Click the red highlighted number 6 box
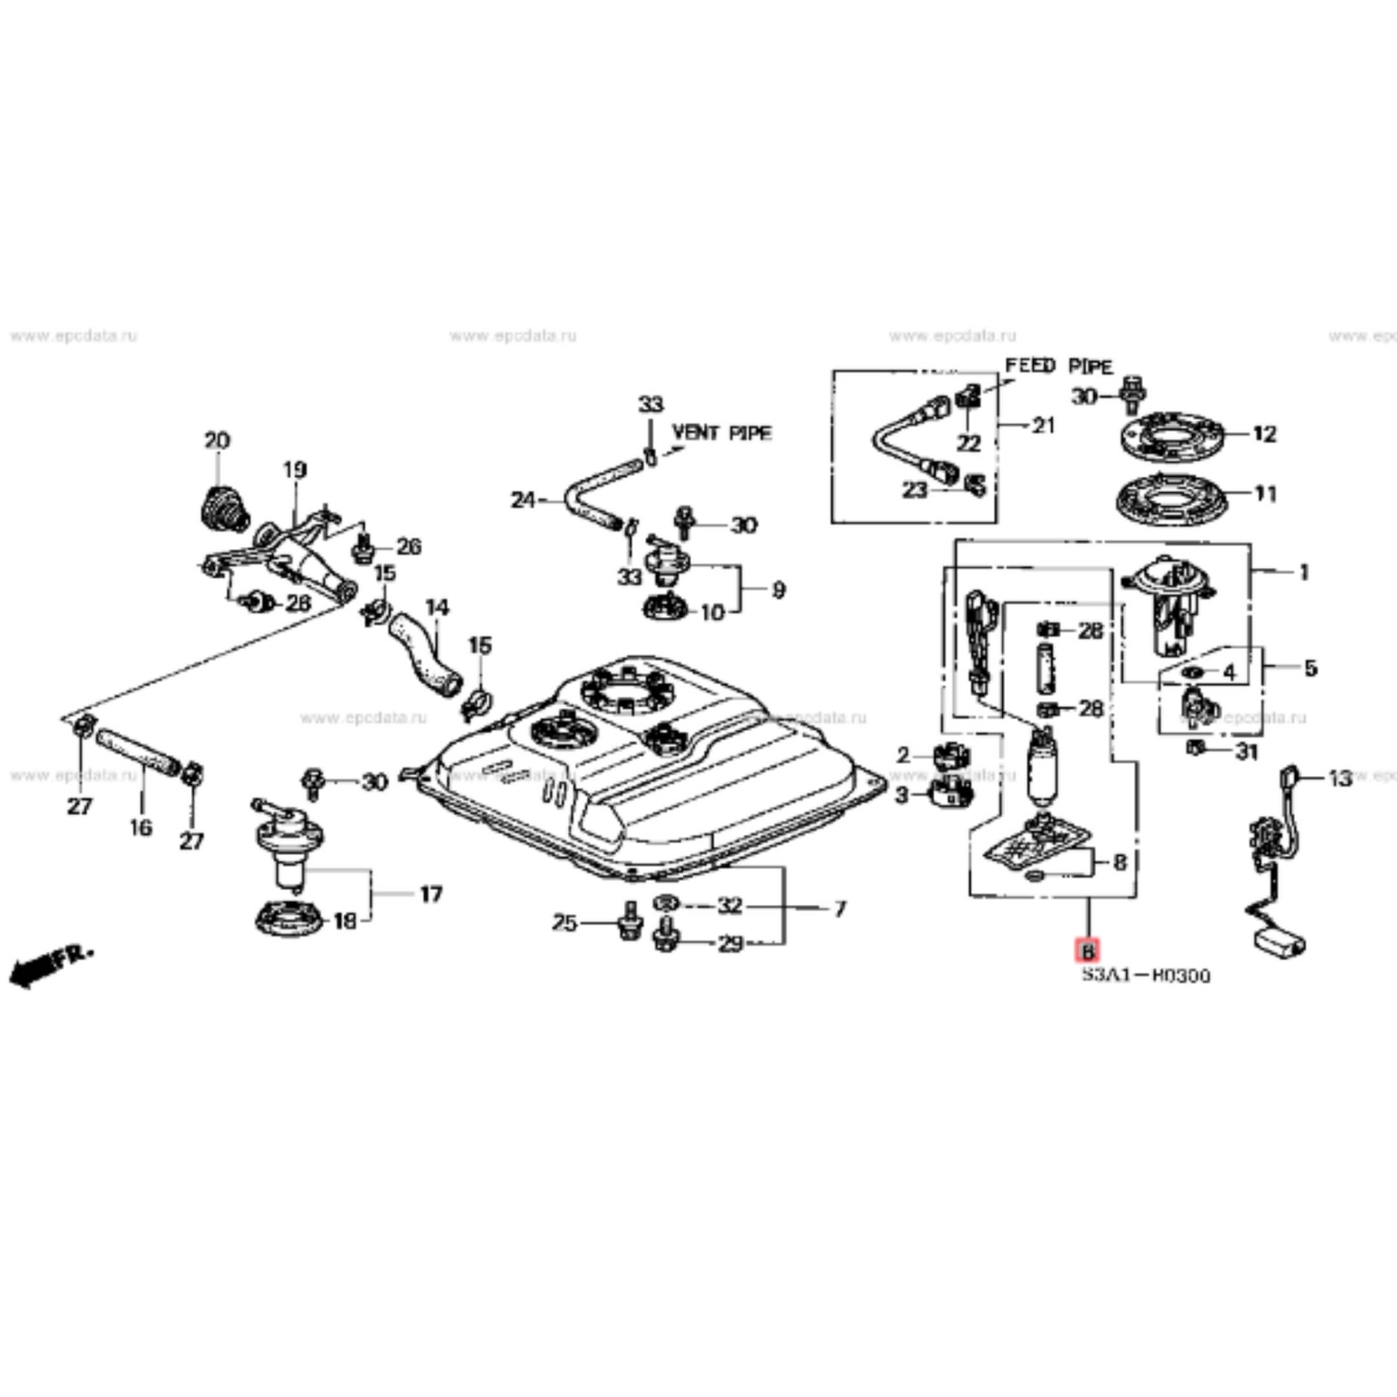click(x=1087, y=950)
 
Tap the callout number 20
click(x=217, y=440)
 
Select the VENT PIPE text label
click(x=722, y=433)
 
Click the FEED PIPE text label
click(x=1059, y=367)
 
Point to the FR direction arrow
click(x=50, y=963)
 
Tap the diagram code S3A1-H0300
click(x=1145, y=976)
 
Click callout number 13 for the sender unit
click(x=1340, y=779)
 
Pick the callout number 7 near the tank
click(x=839, y=909)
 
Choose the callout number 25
click(x=564, y=923)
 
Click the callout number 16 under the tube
click(x=140, y=827)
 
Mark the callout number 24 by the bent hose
click(x=523, y=500)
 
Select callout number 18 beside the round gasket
click(x=345, y=921)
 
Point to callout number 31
click(x=1246, y=752)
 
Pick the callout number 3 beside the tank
click(x=901, y=796)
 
